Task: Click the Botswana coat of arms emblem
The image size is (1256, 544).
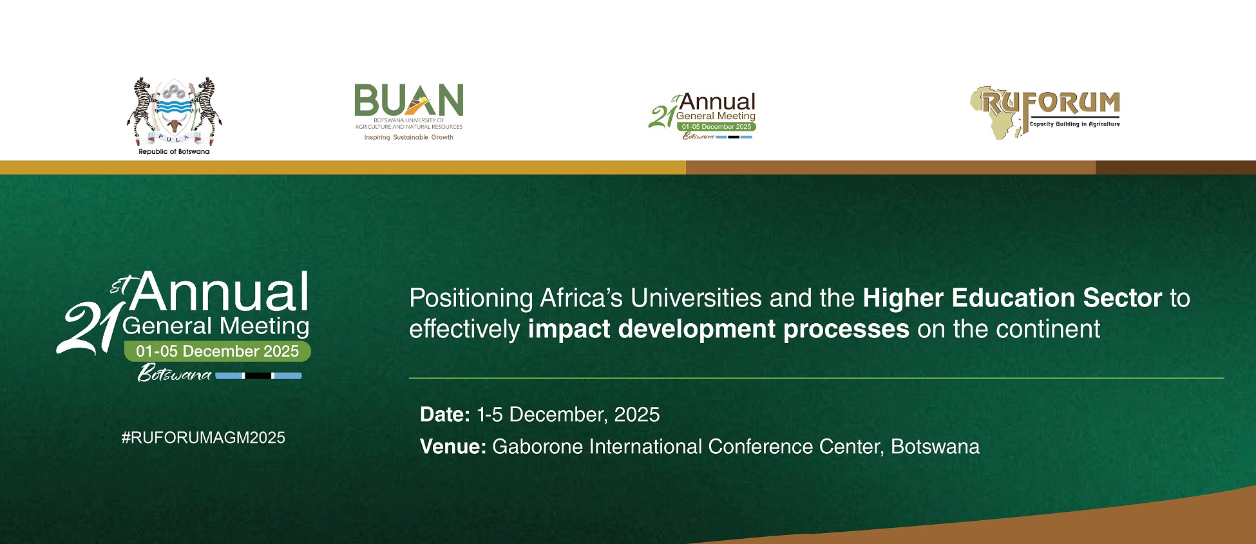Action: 174,112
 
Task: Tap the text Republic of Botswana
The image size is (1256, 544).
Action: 174,152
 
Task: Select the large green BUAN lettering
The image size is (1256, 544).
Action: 409,100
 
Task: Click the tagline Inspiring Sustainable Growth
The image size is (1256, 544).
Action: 409,137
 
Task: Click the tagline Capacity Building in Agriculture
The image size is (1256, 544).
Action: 1075,124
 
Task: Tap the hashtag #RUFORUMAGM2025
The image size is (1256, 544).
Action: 204,438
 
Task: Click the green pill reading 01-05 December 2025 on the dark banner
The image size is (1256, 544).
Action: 218,352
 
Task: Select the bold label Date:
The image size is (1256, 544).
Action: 445,415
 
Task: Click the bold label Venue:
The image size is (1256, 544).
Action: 453,447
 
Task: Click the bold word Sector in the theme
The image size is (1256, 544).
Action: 1123,298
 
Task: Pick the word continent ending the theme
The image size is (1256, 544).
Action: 1049,329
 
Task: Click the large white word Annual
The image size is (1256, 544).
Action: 221,292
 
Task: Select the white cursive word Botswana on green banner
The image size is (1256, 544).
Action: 175,373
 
